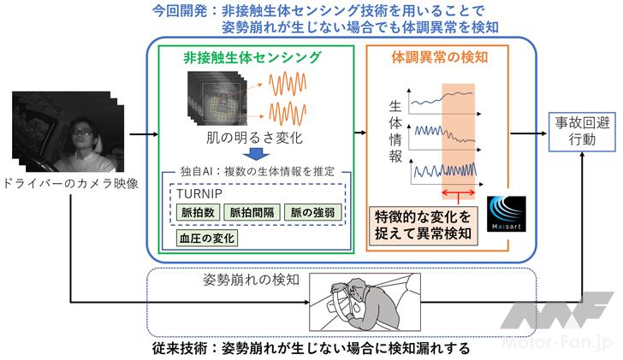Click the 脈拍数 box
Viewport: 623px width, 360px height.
point(197,211)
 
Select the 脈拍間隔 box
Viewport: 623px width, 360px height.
point(249,211)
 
